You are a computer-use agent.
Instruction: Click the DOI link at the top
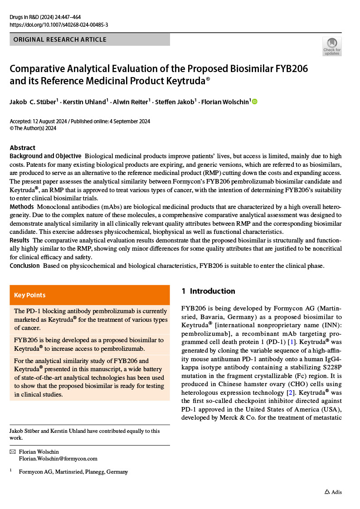(59, 25)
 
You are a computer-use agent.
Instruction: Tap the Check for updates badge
(332, 47)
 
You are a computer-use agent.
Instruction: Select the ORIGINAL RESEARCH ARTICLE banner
(90, 39)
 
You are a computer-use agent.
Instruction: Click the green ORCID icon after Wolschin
(254, 102)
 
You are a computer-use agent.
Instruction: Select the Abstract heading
(23, 148)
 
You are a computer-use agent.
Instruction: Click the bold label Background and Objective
(45, 156)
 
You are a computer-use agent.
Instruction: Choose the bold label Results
(19, 240)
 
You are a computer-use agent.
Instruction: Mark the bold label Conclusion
(24, 266)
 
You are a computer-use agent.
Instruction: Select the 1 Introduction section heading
(208, 291)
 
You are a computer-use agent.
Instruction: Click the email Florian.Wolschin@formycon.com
(58, 459)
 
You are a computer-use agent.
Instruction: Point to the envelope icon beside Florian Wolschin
(13, 452)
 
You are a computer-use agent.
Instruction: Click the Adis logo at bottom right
(333, 492)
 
